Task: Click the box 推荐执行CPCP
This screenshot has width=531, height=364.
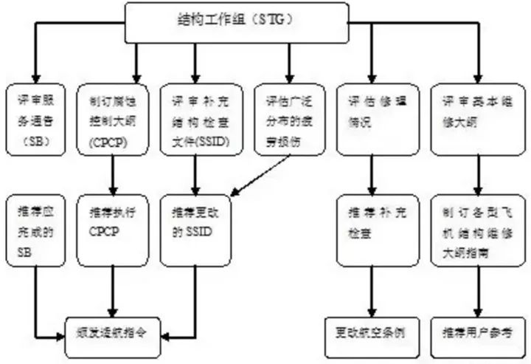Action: coord(111,228)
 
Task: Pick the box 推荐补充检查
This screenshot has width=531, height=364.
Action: coord(369,228)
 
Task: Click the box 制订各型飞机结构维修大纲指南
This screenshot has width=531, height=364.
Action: coord(471,228)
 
